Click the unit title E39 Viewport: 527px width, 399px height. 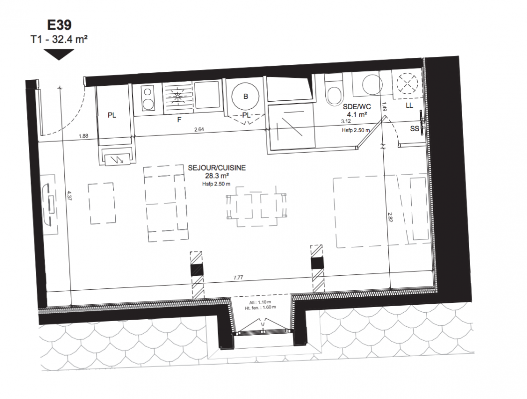pyautogui.click(x=59, y=25)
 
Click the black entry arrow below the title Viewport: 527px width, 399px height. pyautogui.click(x=59, y=54)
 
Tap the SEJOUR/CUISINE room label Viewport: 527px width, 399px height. pyautogui.click(x=217, y=168)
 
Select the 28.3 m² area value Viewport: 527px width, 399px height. pyautogui.click(x=217, y=176)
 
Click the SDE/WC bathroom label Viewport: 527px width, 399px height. pyautogui.click(x=357, y=107)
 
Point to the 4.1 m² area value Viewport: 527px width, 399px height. pyautogui.click(x=357, y=114)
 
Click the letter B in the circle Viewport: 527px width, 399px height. pyautogui.click(x=246, y=96)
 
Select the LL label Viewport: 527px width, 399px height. pyautogui.click(x=409, y=105)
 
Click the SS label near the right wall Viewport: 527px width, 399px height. pyautogui.click(x=414, y=128)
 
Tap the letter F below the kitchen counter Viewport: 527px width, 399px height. pyautogui.click(x=179, y=119)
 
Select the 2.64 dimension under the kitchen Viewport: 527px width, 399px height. pyautogui.click(x=199, y=129)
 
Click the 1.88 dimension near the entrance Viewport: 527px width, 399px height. pyautogui.click(x=83, y=136)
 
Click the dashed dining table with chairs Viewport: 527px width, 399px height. pyautogui.click(x=257, y=206)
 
